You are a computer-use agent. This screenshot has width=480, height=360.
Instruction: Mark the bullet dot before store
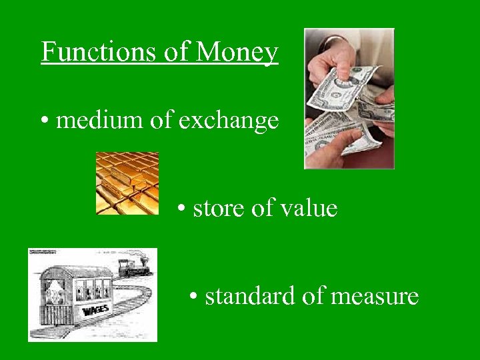click(181, 209)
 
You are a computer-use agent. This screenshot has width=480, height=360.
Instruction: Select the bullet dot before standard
click(193, 297)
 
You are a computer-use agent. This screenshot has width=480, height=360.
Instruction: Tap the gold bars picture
click(127, 183)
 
